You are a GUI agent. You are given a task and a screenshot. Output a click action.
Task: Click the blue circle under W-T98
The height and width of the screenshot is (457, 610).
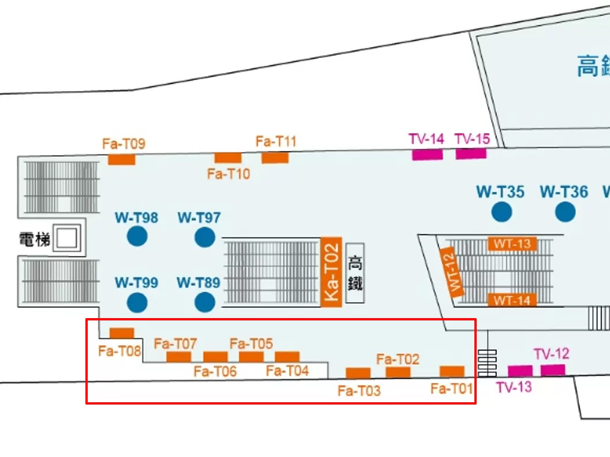[x=137, y=236]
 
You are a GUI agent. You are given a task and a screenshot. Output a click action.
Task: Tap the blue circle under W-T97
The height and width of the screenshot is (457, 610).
[x=204, y=237]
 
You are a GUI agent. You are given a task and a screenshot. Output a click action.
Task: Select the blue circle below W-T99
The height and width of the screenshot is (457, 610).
[x=137, y=302]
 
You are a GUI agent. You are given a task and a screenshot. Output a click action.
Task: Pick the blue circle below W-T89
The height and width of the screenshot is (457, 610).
[x=204, y=302]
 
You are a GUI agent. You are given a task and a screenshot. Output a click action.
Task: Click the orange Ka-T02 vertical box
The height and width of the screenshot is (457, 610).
[x=331, y=270]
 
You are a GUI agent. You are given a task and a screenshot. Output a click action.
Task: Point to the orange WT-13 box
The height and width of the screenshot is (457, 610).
[x=512, y=244]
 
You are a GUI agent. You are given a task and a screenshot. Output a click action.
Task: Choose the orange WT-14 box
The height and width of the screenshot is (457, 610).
[x=512, y=300]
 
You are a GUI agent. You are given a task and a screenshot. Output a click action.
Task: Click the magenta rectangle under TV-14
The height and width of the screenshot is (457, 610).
[x=427, y=154]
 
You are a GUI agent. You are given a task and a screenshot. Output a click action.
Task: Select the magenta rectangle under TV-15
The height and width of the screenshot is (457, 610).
[x=471, y=154]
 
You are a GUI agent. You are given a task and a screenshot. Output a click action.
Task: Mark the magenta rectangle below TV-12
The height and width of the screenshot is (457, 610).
[x=552, y=370]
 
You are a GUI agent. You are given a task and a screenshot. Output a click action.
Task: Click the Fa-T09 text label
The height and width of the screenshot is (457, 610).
[x=124, y=143]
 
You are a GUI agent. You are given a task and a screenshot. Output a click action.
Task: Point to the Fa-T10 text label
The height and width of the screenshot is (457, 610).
[x=229, y=173]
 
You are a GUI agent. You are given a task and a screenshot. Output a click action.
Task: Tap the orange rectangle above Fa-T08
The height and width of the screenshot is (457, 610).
[x=122, y=333]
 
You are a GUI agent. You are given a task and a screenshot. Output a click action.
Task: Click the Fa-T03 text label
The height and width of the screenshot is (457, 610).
[x=359, y=391]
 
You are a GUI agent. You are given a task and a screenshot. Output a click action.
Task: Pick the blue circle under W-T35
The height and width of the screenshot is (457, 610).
[x=502, y=212]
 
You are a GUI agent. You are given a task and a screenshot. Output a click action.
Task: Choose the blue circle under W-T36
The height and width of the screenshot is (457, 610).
[x=565, y=212]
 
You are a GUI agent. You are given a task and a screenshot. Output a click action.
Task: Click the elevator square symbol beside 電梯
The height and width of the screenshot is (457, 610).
[x=66, y=238]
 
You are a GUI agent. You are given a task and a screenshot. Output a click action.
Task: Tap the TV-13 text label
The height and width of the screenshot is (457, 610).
[x=514, y=387]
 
